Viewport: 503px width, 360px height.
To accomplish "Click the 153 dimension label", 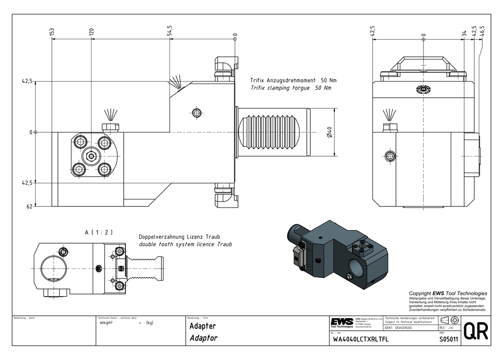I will (x=52, y=32).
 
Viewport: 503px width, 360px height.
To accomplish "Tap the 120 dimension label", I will (x=91, y=32).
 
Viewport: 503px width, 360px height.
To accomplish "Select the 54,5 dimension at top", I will (x=170, y=30).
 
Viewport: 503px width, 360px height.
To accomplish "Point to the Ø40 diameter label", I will (x=328, y=132).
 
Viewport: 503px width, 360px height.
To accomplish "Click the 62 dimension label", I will (x=29, y=206).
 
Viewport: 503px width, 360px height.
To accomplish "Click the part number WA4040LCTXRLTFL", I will (x=361, y=339).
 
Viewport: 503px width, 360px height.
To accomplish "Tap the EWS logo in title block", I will (x=342, y=322).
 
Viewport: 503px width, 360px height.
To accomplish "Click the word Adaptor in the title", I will (x=203, y=338).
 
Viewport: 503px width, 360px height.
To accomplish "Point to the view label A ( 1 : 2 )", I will (x=99, y=232).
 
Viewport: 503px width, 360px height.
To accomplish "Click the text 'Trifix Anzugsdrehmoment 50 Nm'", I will (x=294, y=81).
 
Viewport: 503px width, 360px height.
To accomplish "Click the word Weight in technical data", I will (x=106, y=323).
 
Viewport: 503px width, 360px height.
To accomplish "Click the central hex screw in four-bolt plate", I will (x=91, y=157).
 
